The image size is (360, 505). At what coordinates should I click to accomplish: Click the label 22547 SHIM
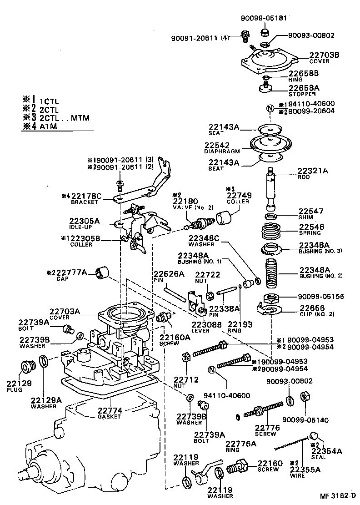coord(311,214)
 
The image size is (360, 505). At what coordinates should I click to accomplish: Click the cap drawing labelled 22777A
coord(103,273)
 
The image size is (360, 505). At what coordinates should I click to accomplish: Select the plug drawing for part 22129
coord(26,366)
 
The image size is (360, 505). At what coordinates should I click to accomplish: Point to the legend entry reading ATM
coord(48,126)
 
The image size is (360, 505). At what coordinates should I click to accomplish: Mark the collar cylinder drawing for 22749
coord(224,217)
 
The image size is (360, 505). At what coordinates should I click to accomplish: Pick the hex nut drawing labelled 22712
coord(185,357)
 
